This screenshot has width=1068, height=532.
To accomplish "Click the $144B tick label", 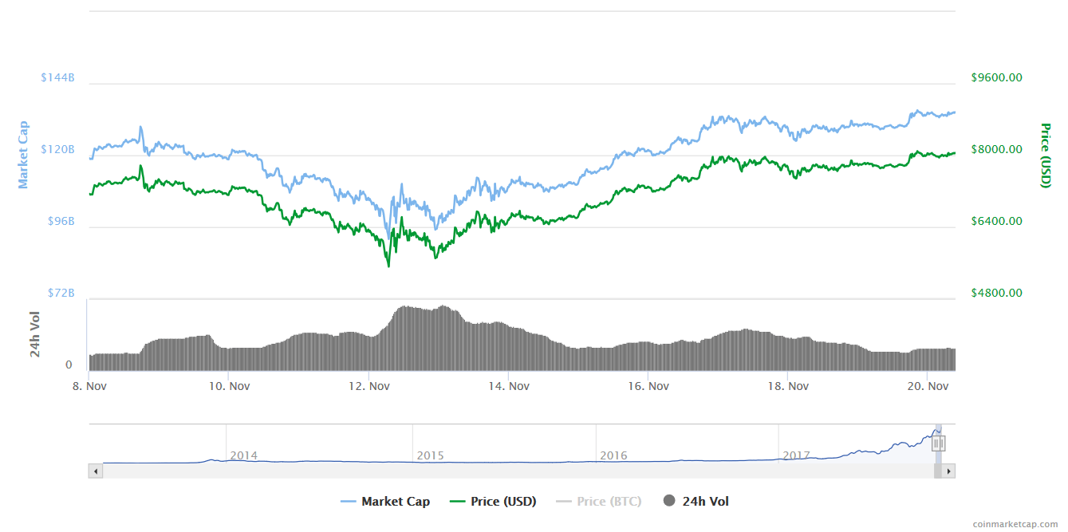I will tap(57, 78).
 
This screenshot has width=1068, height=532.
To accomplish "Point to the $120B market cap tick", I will tap(57, 150).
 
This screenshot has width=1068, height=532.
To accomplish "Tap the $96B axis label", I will tap(61, 221).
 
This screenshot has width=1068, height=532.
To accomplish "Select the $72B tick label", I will tap(61, 293).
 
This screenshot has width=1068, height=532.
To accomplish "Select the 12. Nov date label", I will tap(368, 386).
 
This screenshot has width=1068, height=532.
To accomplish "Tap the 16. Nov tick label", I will tap(648, 386).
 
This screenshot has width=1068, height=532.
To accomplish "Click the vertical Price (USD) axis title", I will tap(1045, 156).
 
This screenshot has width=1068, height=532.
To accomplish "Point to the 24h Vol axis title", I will tap(35, 334).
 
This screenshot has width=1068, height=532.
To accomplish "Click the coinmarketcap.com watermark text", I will tap(1015, 523).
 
